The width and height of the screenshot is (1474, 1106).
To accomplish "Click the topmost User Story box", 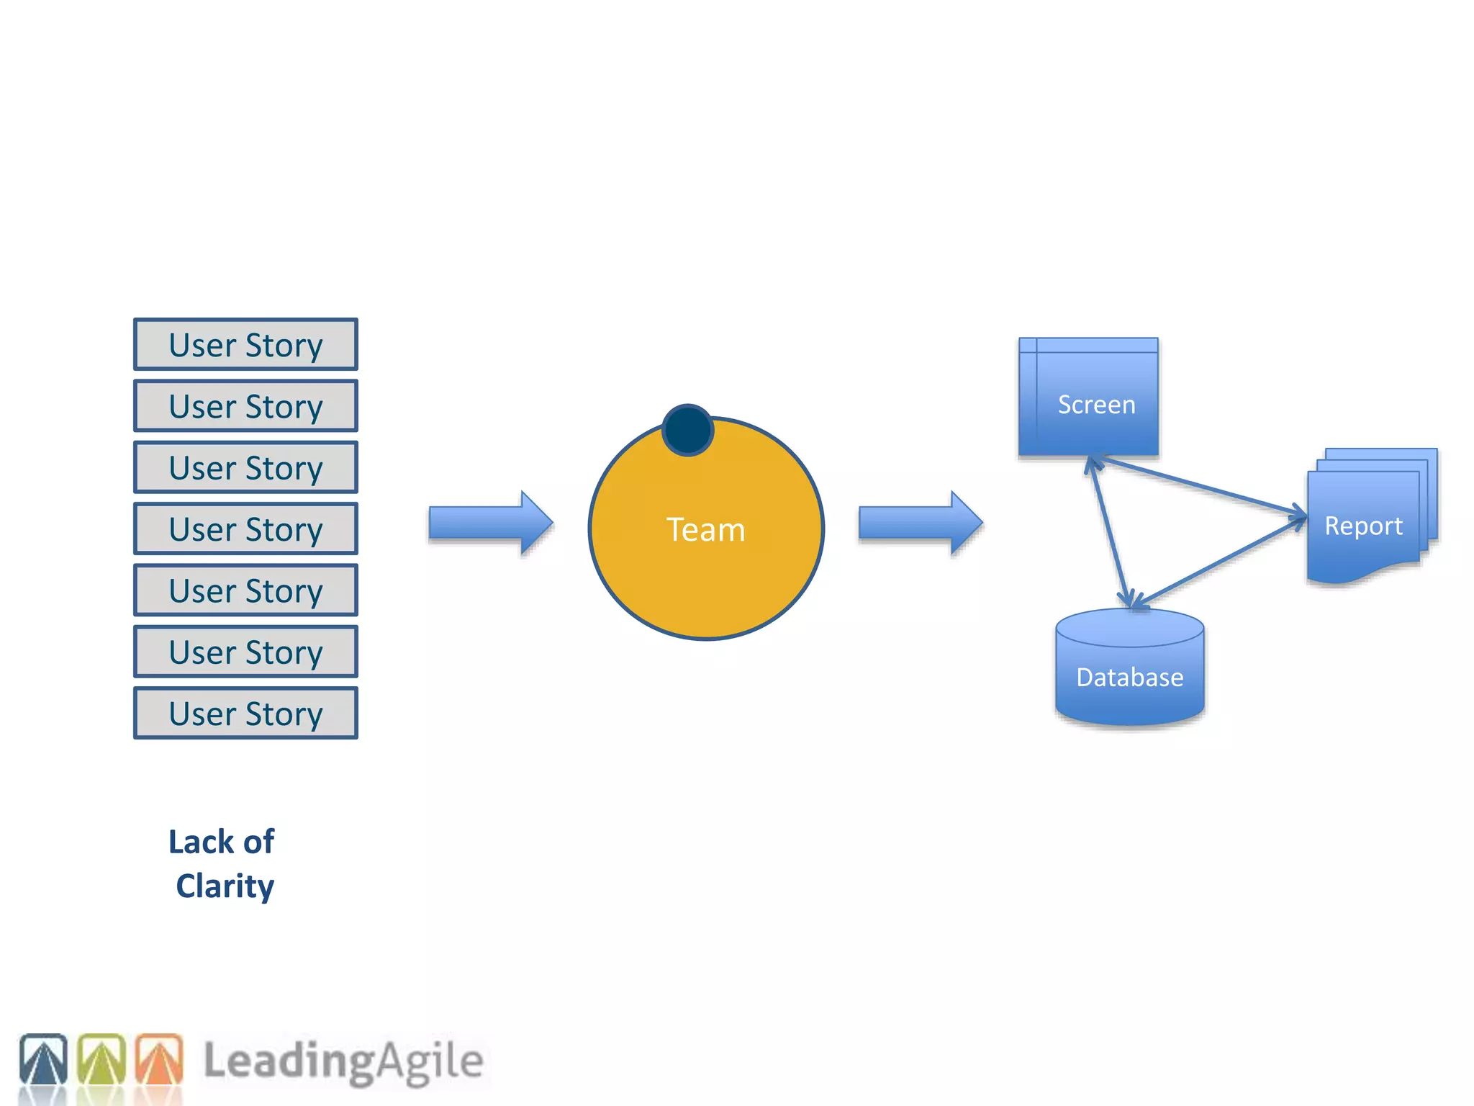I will click(x=245, y=345).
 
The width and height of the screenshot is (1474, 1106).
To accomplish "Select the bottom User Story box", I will click(x=245, y=714).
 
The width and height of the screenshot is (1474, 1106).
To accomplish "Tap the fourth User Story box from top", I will click(x=245, y=529).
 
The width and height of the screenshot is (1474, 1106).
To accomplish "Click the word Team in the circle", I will click(x=705, y=530).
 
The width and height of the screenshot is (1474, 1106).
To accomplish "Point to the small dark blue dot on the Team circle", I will click(x=687, y=431).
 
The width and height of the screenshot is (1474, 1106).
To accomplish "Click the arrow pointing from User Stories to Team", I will click(x=490, y=523).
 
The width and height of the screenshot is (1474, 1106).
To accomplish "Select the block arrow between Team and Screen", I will click(x=920, y=523).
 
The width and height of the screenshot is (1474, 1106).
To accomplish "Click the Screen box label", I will click(x=1095, y=405).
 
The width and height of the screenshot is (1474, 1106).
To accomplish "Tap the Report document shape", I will click(x=1363, y=526).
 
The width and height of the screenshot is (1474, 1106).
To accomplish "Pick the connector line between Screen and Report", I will click(x=1202, y=486).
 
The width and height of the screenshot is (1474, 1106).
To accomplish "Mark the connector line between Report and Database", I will click(x=1220, y=562).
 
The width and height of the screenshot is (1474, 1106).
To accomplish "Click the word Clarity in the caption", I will click(x=225, y=886).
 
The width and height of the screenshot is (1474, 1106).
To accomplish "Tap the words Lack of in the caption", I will click(x=221, y=842).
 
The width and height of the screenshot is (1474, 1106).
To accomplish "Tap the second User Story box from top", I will click(x=245, y=406).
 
